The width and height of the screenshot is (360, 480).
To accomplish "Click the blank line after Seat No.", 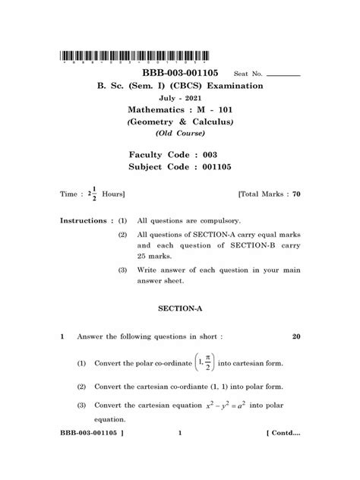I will point(284,77).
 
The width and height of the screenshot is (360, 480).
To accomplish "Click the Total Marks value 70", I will point(296,195).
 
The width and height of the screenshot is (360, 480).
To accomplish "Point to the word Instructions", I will point(86,220).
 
